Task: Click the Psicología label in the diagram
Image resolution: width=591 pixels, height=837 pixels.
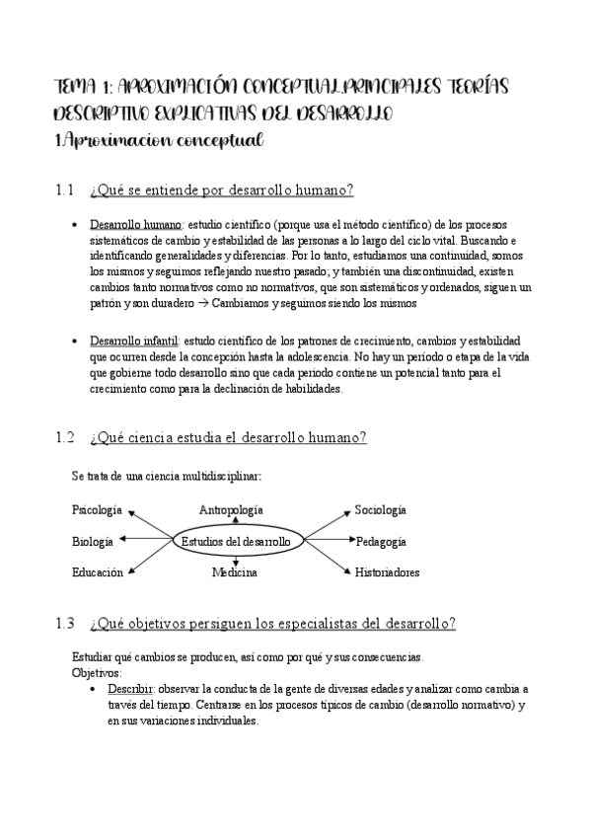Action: pyautogui.click(x=97, y=510)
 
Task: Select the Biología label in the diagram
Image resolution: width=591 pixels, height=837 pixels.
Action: pyautogui.click(x=92, y=542)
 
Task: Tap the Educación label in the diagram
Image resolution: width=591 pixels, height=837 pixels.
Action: pyautogui.click(x=97, y=572)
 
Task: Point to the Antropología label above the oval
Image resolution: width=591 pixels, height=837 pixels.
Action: pyautogui.click(x=231, y=510)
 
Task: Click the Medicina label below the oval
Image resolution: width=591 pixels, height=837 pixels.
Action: pyautogui.click(x=235, y=572)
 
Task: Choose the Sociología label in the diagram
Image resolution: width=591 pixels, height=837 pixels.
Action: pyautogui.click(x=380, y=510)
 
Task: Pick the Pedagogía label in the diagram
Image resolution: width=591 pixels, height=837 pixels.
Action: pyautogui.click(x=381, y=542)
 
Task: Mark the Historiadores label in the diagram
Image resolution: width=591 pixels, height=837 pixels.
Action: pyautogui.click(x=387, y=572)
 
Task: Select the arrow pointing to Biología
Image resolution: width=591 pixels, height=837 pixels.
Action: pyautogui.click(x=144, y=542)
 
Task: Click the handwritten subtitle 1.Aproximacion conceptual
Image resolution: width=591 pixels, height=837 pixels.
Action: pyautogui.click(x=159, y=140)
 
